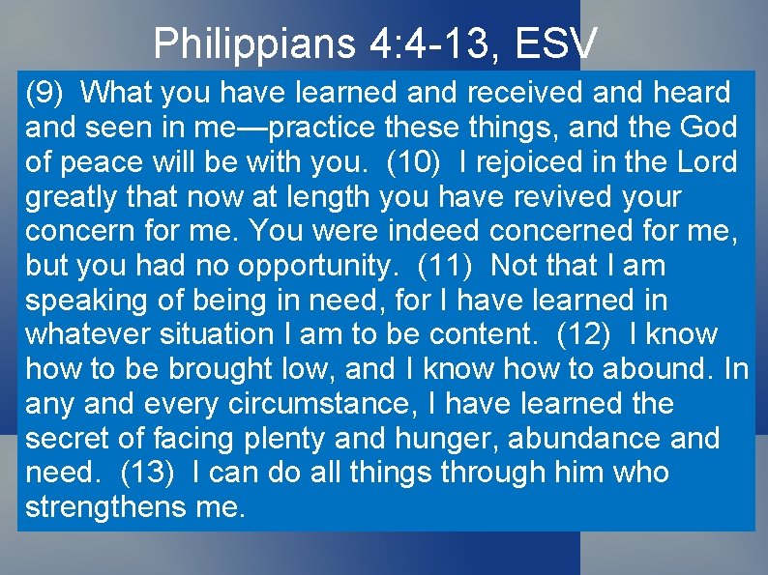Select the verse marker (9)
(x=44, y=93)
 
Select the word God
(x=707, y=128)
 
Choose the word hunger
(x=448, y=439)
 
